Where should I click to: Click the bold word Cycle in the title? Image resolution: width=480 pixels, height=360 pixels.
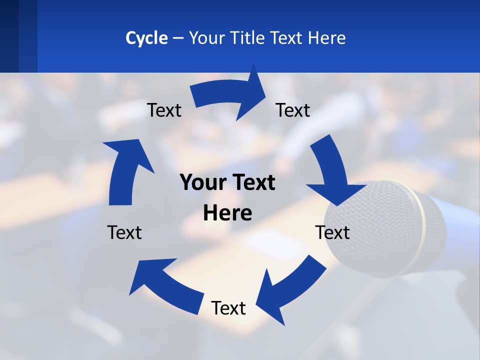coord(146,38)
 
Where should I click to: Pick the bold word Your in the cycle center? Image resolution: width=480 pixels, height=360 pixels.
coord(202,183)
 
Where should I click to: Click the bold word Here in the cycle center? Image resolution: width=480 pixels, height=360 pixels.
coord(227,213)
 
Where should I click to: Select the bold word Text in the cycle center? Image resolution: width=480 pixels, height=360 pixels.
coord(253,183)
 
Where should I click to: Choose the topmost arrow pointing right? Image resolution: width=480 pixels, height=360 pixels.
coord(230,95)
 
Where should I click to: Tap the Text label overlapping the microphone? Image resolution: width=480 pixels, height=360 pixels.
coord(332,233)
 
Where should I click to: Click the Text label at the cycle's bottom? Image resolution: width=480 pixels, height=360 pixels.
coord(228,308)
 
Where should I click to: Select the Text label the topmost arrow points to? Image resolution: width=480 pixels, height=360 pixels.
coord(293,110)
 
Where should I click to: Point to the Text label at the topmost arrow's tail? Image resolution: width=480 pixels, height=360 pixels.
coord(164,110)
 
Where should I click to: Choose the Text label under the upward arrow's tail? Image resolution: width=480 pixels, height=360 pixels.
coord(124,233)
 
